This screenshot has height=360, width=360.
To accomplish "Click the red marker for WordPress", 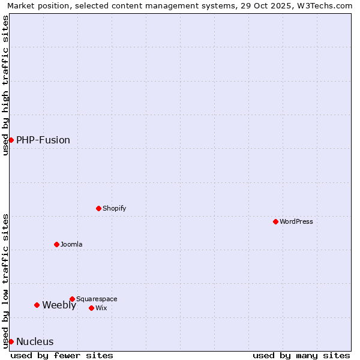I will [275, 221].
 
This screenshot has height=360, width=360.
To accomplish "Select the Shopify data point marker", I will [98, 208].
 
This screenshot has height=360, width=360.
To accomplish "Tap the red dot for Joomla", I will [56, 244].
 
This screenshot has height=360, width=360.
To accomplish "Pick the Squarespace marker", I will [72, 299].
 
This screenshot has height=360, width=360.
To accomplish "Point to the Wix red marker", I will [91, 308].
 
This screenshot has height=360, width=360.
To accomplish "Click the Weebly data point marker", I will [37, 305].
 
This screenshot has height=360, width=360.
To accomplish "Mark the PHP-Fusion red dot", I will [11, 140].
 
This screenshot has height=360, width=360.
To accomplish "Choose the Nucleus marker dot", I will [11, 341].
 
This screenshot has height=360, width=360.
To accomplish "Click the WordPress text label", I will [296, 221].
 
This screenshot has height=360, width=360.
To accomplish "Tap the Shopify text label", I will [114, 208].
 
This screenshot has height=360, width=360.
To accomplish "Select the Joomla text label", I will [71, 244].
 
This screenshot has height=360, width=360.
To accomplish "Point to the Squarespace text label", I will [97, 299].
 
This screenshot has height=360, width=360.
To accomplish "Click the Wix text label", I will [101, 308].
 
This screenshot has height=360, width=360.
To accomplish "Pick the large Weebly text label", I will [59, 305].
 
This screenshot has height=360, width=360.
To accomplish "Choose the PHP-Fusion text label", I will [43, 140].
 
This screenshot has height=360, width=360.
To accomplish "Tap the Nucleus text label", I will [35, 341].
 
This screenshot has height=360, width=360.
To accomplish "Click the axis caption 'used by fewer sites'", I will [62, 355].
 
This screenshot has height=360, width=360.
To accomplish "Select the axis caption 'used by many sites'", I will [301, 355].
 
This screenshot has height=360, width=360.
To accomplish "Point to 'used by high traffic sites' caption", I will [5, 85].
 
